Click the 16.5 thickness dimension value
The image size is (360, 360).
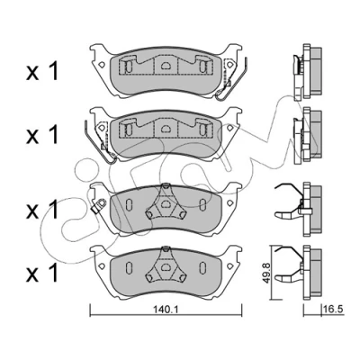point(333,309)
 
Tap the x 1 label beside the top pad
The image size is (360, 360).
point(41,71)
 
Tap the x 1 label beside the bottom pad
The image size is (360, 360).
point(41,273)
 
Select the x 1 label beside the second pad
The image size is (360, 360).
point(41,134)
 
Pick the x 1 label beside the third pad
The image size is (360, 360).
point(41,209)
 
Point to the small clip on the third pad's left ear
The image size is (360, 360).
point(99,206)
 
